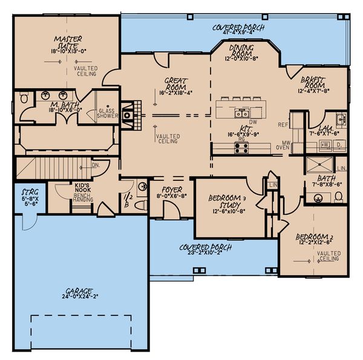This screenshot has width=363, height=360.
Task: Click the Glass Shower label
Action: click(x=107, y=114)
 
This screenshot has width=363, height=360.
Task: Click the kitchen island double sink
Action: click(x=242, y=112)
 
